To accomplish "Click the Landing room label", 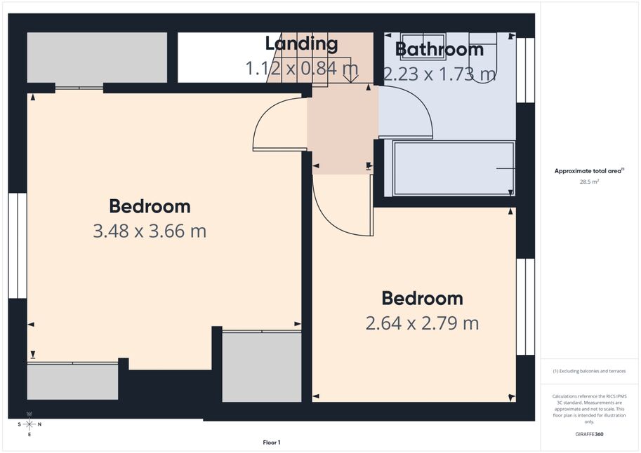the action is [301, 43].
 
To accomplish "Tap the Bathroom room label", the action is [440, 49].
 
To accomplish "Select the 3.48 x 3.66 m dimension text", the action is [150, 231].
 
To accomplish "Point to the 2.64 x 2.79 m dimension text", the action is [422, 323].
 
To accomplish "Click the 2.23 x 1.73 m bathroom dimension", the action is [440, 74].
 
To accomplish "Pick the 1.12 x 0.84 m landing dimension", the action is [302, 68].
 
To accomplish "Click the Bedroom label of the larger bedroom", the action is [150, 206].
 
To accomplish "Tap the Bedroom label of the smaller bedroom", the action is [422, 299].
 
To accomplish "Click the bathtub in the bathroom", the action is [454, 168].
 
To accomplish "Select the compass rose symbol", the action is [29, 424].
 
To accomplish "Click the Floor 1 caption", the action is [272, 442].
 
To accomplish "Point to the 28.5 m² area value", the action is [589, 182].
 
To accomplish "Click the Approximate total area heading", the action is [589, 171].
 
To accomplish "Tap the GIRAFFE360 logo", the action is [589, 434].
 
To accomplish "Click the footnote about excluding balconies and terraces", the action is [589, 371].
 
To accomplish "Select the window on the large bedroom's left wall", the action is [18, 245].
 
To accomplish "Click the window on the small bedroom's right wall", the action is [525, 306].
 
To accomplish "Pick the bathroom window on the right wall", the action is [525, 70].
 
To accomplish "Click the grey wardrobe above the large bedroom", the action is [97, 58].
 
